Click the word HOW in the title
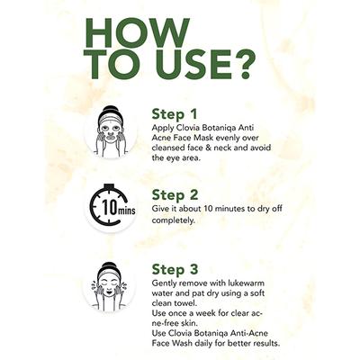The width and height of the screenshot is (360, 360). click(x=138, y=32)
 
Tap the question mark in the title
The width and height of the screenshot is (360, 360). click(x=245, y=64)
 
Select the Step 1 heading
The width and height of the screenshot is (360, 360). click(x=175, y=114)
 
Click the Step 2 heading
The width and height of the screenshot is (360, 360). click(x=175, y=195)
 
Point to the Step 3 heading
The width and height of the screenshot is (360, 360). click(x=175, y=269)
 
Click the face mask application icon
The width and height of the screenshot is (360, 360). click(x=111, y=131)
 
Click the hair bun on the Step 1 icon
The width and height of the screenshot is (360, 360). click(x=111, y=110)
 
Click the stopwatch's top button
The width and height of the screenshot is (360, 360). click(x=110, y=186)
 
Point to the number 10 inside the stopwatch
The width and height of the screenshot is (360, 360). click(x=109, y=207)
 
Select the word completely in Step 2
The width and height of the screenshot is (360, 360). click(x=174, y=220)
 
